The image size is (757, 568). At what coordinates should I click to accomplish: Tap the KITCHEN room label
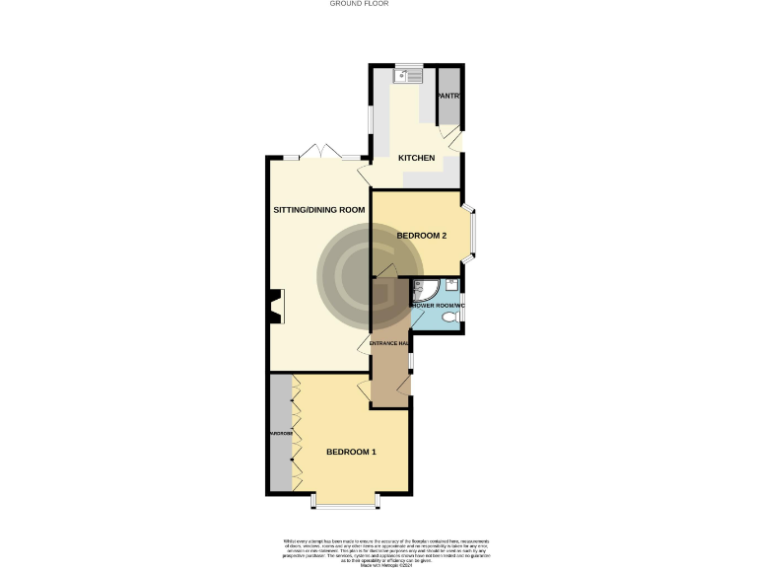click(416, 158)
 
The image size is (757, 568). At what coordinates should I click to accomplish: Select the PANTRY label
click(449, 96)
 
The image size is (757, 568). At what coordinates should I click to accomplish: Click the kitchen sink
click(406, 74)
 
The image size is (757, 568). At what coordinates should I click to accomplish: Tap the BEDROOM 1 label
click(352, 452)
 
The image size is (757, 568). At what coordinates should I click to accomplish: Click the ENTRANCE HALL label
click(389, 343)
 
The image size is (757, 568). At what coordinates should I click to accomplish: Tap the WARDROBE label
click(280, 433)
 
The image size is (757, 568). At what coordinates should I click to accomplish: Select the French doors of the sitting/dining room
click(322, 152)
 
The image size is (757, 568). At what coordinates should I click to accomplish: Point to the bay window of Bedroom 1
click(345, 502)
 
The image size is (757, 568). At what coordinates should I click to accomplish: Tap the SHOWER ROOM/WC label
click(434, 306)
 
